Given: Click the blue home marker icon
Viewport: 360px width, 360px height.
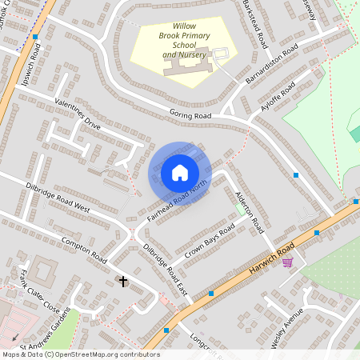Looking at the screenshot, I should point(180,173).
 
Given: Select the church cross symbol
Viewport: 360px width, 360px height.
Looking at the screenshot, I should point(123,281).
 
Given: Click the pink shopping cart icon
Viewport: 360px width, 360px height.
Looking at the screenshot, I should point(287,262).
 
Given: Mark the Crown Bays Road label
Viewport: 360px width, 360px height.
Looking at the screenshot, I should point(210,238).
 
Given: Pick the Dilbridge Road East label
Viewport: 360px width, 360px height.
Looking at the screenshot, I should point(164,270).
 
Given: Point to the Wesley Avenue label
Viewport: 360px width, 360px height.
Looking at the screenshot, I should point(286,328).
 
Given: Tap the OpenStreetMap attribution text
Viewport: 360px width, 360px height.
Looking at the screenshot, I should point(80,354).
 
